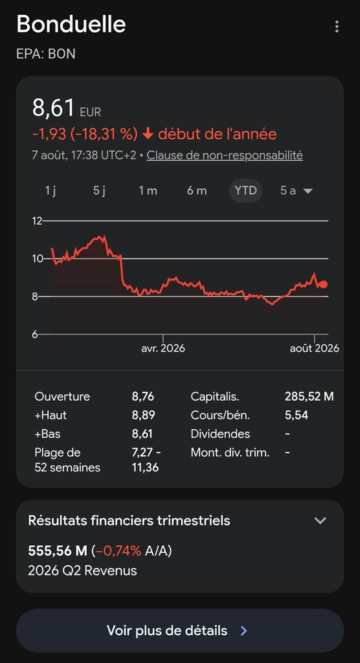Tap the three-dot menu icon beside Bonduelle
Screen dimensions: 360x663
(x=337, y=26)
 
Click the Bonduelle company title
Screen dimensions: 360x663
(x=71, y=25)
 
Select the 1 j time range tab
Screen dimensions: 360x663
(x=51, y=191)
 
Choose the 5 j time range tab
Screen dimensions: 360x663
(x=100, y=191)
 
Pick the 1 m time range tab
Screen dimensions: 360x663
(x=148, y=191)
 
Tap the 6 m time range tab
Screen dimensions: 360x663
(x=197, y=191)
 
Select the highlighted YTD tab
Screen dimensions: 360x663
(x=246, y=191)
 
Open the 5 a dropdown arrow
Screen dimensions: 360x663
(x=308, y=191)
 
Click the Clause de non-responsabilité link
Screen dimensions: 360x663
(x=225, y=155)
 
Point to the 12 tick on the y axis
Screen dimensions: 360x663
(x=37, y=221)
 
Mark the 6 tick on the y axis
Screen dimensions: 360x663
(x=36, y=334)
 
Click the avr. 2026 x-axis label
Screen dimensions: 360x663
(x=163, y=348)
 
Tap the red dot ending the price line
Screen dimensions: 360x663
(x=324, y=284)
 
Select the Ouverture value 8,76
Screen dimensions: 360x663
(x=143, y=397)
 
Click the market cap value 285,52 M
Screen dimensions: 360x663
(x=309, y=397)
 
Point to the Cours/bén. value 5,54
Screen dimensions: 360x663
(x=297, y=415)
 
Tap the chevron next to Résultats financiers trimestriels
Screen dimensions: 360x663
(x=321, y=521)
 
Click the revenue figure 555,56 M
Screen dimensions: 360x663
(x=58, y=551)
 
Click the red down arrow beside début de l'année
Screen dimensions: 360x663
(x=148, y=135)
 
